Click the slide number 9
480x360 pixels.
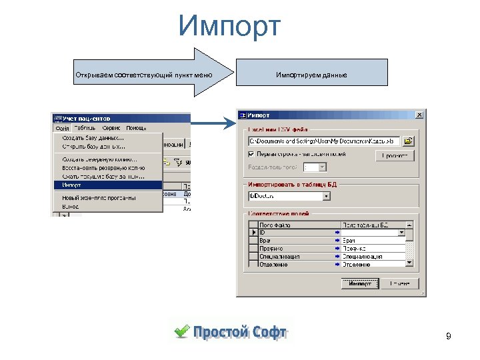coord(449,337)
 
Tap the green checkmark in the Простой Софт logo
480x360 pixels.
coord(181,331)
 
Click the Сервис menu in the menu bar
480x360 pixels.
coord(111,128)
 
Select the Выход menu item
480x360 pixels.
coord(71,207)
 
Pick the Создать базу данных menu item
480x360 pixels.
coord(93,139)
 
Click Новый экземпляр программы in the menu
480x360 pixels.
coord(99,198)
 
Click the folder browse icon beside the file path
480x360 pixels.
coord(408,141)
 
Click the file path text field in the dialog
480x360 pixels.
coord(324,141)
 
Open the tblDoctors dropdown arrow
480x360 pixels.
coord(327,196)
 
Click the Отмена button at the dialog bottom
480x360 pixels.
coord(399,283)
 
